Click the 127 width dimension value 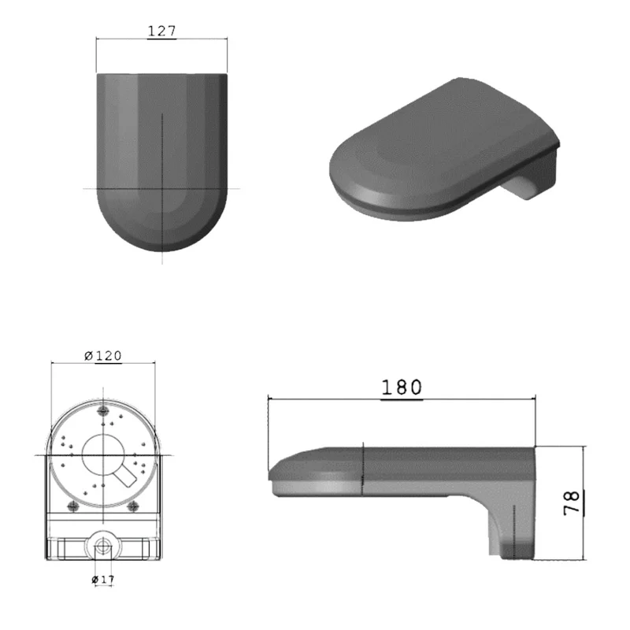(x=161, y=31)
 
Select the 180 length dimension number (x=402, y=387)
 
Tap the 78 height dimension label (x=573, y=502)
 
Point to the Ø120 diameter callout (x=103, y=356)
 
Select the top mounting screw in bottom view (x=103, y=409)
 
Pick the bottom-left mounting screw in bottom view (x=73, y=505)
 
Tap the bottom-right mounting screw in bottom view (x=133, y=505)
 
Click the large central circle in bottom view (x=103, y=455)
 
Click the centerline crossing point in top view (x=161, y=188)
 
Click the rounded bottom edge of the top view (x=161, y=248)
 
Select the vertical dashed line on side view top (x=361, y=465)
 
